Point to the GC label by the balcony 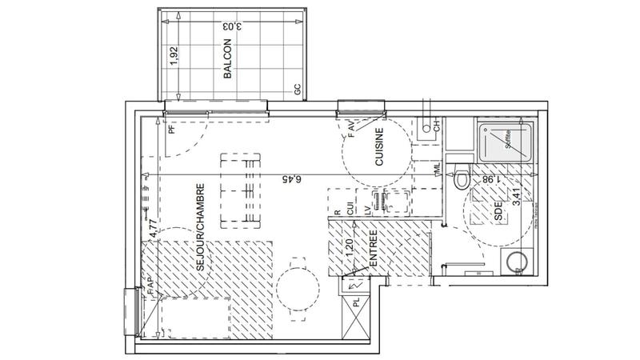pos(297,90)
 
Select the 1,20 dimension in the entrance pos(349,248)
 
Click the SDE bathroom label pos(498,213)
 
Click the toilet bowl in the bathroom pos(462,180)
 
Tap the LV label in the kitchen pos(367,206)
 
